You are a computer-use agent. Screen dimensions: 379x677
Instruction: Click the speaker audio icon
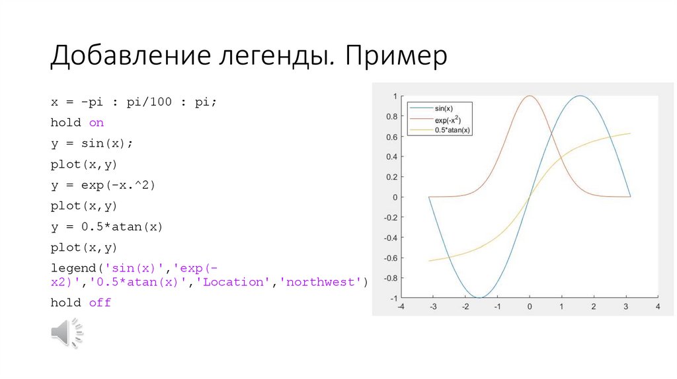pos(67,332)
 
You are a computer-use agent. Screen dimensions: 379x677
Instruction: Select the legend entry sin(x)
pos(444,107)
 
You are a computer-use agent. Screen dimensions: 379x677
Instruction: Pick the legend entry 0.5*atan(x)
pos(452,130)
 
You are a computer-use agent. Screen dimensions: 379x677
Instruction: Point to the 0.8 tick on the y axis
pos(392,116)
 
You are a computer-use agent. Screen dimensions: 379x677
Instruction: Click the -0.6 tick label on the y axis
pos(391,258)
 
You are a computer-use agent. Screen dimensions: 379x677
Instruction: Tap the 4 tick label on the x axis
pos(657,307)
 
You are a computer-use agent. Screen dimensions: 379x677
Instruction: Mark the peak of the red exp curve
pos(530,96)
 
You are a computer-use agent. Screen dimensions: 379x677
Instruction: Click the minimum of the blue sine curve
pos(479,297)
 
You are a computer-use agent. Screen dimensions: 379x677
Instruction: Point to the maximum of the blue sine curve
pos(580,96)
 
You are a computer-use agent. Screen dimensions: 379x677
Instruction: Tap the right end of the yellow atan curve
pos(630,133)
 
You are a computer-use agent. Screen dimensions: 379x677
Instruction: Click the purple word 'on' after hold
pos(97,123)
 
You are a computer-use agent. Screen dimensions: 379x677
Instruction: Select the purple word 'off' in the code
pos(100,302)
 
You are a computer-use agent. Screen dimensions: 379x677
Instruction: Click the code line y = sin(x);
pos(96,143)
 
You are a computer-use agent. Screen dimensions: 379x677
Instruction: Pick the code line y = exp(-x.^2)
pos(102,185)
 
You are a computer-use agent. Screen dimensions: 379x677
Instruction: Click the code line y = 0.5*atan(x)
pos(106,226)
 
